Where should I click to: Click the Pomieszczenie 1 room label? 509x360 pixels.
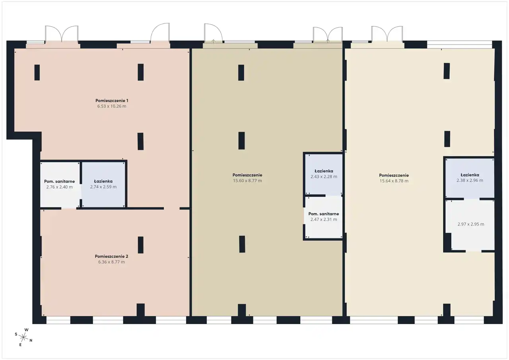point(112,101)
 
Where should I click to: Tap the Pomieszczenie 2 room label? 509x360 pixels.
point(112,256)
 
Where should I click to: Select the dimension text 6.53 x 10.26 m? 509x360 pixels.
point(112,106)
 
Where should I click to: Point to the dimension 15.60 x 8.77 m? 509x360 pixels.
point(247,181)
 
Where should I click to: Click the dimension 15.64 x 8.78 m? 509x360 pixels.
point(394,181)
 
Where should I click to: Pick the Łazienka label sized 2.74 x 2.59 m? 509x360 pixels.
point(103,181)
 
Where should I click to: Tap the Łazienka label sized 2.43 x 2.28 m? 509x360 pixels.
point(324,171)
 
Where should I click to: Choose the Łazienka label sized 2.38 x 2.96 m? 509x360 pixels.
point(470,175)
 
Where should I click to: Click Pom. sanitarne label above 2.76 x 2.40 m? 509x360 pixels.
point(60,181)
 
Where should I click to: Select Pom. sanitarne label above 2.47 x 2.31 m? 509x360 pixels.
point(324,214)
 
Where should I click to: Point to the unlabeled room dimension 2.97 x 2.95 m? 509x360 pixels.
point(471,224)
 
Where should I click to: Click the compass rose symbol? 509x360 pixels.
point(23,337)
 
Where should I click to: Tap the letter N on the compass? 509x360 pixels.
point(31,341)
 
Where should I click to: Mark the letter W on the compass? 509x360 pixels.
point(27,330)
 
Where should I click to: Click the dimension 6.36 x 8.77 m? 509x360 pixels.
point(112,262)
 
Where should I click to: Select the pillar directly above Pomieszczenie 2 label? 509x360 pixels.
point(141,245)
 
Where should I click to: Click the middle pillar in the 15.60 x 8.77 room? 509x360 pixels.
point(241,141)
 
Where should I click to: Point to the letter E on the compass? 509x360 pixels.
point(20,345)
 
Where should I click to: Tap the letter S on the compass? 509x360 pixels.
point(16,334)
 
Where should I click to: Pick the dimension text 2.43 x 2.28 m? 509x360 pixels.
point(324,177)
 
